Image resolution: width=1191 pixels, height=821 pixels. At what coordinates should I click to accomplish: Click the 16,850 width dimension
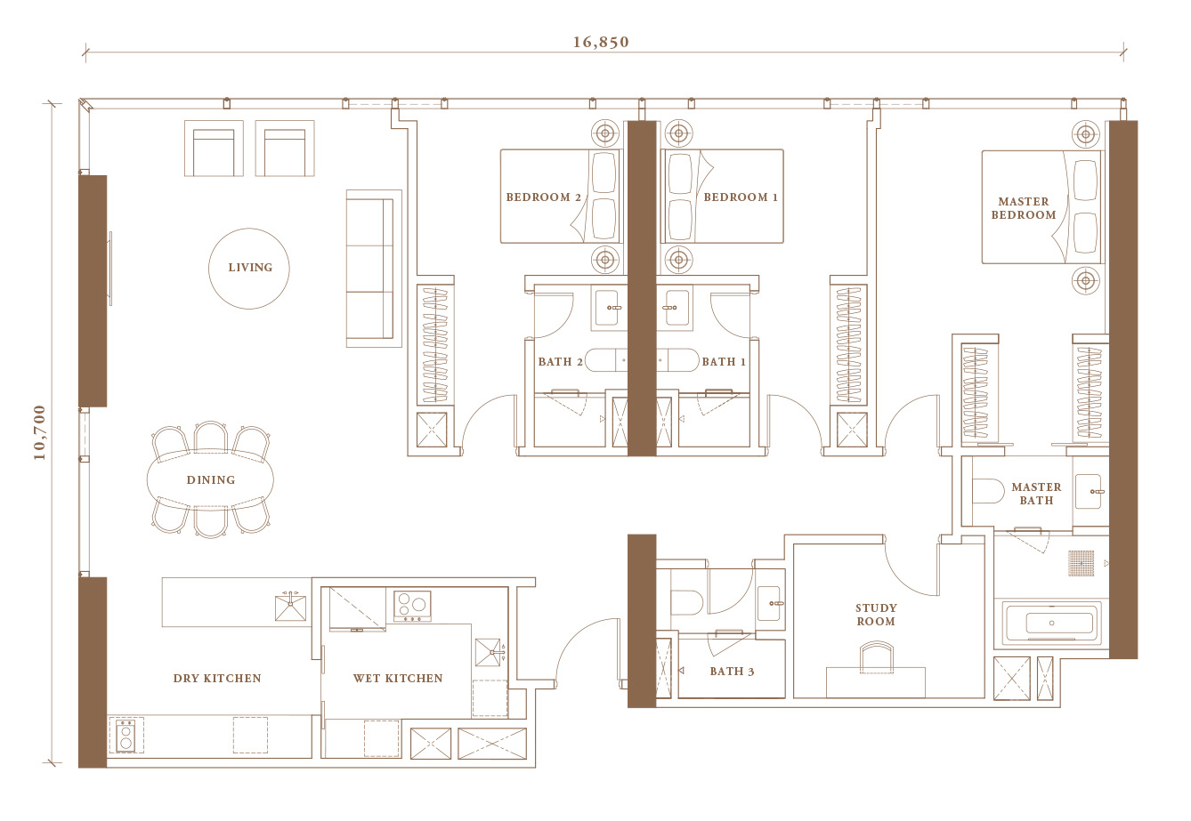tap(601, 42)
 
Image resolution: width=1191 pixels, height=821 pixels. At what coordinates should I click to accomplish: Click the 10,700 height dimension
tap(40, 432)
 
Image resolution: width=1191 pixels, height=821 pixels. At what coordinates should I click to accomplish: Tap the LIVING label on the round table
tap(250, 267)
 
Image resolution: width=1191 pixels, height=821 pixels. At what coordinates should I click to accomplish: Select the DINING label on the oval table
tap(211, 479)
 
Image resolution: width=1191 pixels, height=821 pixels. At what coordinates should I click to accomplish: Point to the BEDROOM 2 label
tap(543, 197)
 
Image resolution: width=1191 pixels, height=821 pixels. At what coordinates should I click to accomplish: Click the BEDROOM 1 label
tap(741, 197)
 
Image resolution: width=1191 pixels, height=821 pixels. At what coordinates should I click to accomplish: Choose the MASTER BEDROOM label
tap(1024, 208)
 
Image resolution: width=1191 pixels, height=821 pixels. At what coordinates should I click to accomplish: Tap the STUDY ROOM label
tap(876, 615)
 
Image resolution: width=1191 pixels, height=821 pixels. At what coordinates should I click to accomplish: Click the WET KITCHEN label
tap(398, 678)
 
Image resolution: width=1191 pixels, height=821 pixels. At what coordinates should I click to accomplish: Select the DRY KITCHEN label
tap(217, 678)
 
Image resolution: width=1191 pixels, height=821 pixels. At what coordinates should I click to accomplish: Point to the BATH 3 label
tap(732, 672)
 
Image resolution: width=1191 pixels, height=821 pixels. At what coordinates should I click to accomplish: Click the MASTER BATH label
tap(1036, 494)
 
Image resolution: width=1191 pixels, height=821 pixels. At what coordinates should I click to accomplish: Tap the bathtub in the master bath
tap(1051, 623)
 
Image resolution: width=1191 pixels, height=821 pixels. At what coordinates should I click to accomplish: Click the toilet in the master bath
tap(988, 491)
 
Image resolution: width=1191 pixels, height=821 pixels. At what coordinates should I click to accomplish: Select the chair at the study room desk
tap(877, 656)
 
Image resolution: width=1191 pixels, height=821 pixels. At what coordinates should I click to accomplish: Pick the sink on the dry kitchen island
tap(290, 608)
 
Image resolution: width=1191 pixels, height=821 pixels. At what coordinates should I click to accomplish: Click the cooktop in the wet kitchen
tap(412, 606)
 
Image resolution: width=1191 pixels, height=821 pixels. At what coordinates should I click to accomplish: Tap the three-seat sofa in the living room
tap(374, 269)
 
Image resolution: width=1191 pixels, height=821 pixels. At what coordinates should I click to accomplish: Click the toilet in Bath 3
tap(687, 602)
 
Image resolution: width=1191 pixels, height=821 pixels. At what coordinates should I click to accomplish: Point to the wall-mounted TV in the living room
tap(110, 269)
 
